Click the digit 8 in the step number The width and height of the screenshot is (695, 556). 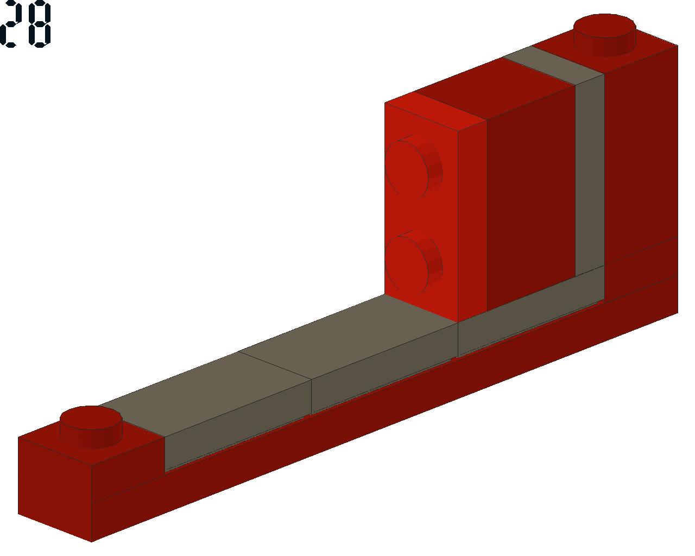point(39,24)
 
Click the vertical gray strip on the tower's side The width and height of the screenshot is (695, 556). point(590,174)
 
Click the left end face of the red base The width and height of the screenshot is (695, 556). point(54,489)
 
